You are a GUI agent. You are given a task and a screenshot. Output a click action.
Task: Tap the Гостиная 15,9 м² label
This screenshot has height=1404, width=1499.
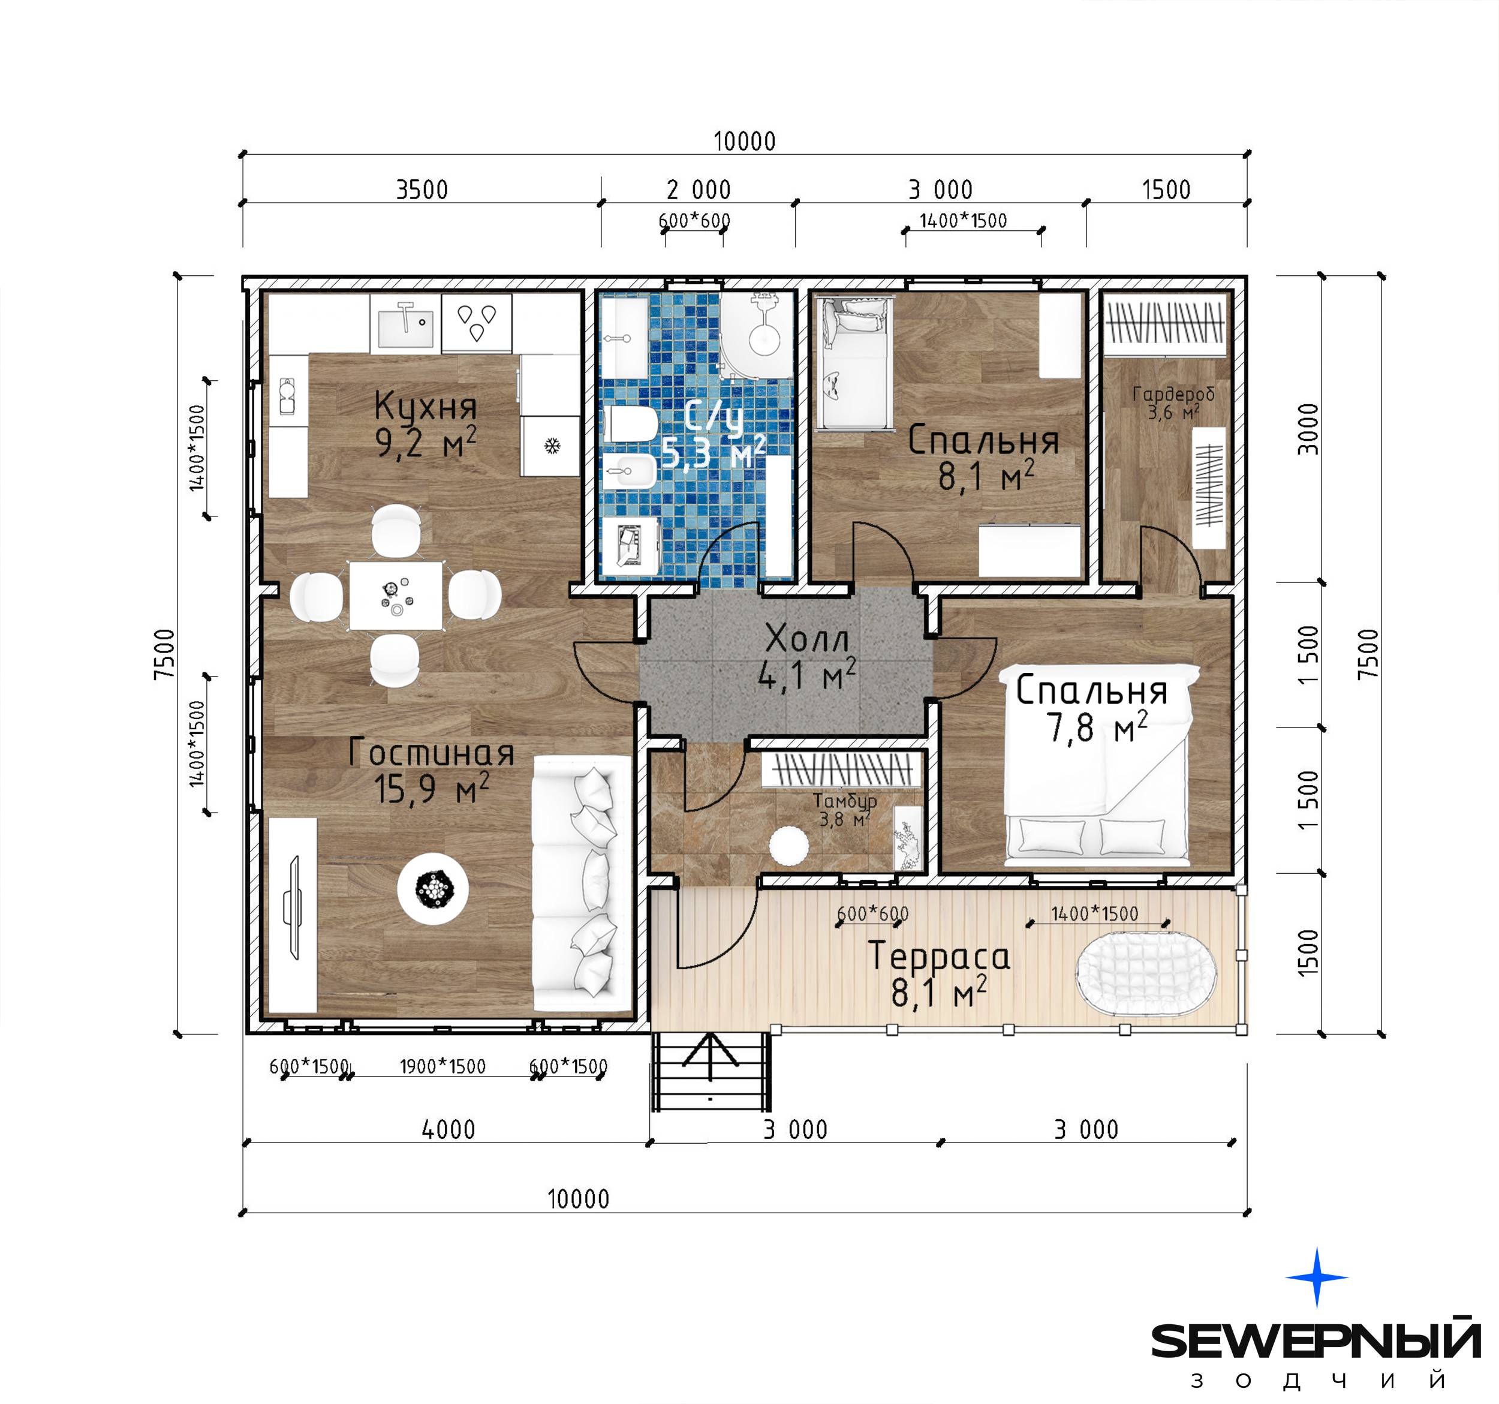[x=431, y=771]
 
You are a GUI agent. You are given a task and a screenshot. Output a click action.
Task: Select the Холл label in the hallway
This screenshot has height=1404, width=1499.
[x=807, y=639]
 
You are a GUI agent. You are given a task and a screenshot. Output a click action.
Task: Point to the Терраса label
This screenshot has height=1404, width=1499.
[x=939, y=956]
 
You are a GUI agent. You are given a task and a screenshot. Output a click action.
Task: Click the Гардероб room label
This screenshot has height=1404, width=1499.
[x=1173, y=393]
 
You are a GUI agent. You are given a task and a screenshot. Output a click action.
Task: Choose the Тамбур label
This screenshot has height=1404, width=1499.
[x=844, y=801]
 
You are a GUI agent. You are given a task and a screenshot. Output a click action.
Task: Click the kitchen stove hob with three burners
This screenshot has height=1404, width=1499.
[x=477, y=323]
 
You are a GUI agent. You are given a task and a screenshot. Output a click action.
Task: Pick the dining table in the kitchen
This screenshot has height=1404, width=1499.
[x=396, y=596]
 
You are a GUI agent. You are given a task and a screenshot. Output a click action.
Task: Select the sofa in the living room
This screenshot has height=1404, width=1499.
[x=582, y=885]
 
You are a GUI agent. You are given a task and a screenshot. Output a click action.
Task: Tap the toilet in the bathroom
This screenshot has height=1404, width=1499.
[x=632, y=426]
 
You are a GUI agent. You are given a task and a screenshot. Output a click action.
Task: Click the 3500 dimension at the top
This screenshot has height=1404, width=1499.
[x=422, y=190]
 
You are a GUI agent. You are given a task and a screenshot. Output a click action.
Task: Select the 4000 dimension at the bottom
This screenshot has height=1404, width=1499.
[x=449, y=1129]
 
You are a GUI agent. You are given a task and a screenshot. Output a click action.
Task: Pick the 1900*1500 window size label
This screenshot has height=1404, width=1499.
[x=443, y=1066]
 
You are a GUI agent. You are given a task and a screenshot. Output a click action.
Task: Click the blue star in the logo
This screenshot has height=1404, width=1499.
[x=1317, y=1277]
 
